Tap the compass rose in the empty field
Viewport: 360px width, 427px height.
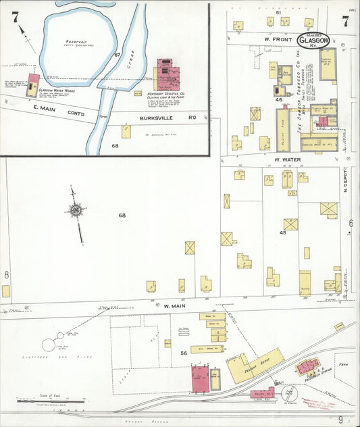(x=76, y=211)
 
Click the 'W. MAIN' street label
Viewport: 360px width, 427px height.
(x=174, y=306)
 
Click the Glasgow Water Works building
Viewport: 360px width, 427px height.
(x=32, y=85)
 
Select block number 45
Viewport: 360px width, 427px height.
(x=283, y=233)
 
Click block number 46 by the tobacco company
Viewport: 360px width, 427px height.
(x=278, y=100)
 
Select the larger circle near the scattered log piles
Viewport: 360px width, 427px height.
(x=49, y=345)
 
